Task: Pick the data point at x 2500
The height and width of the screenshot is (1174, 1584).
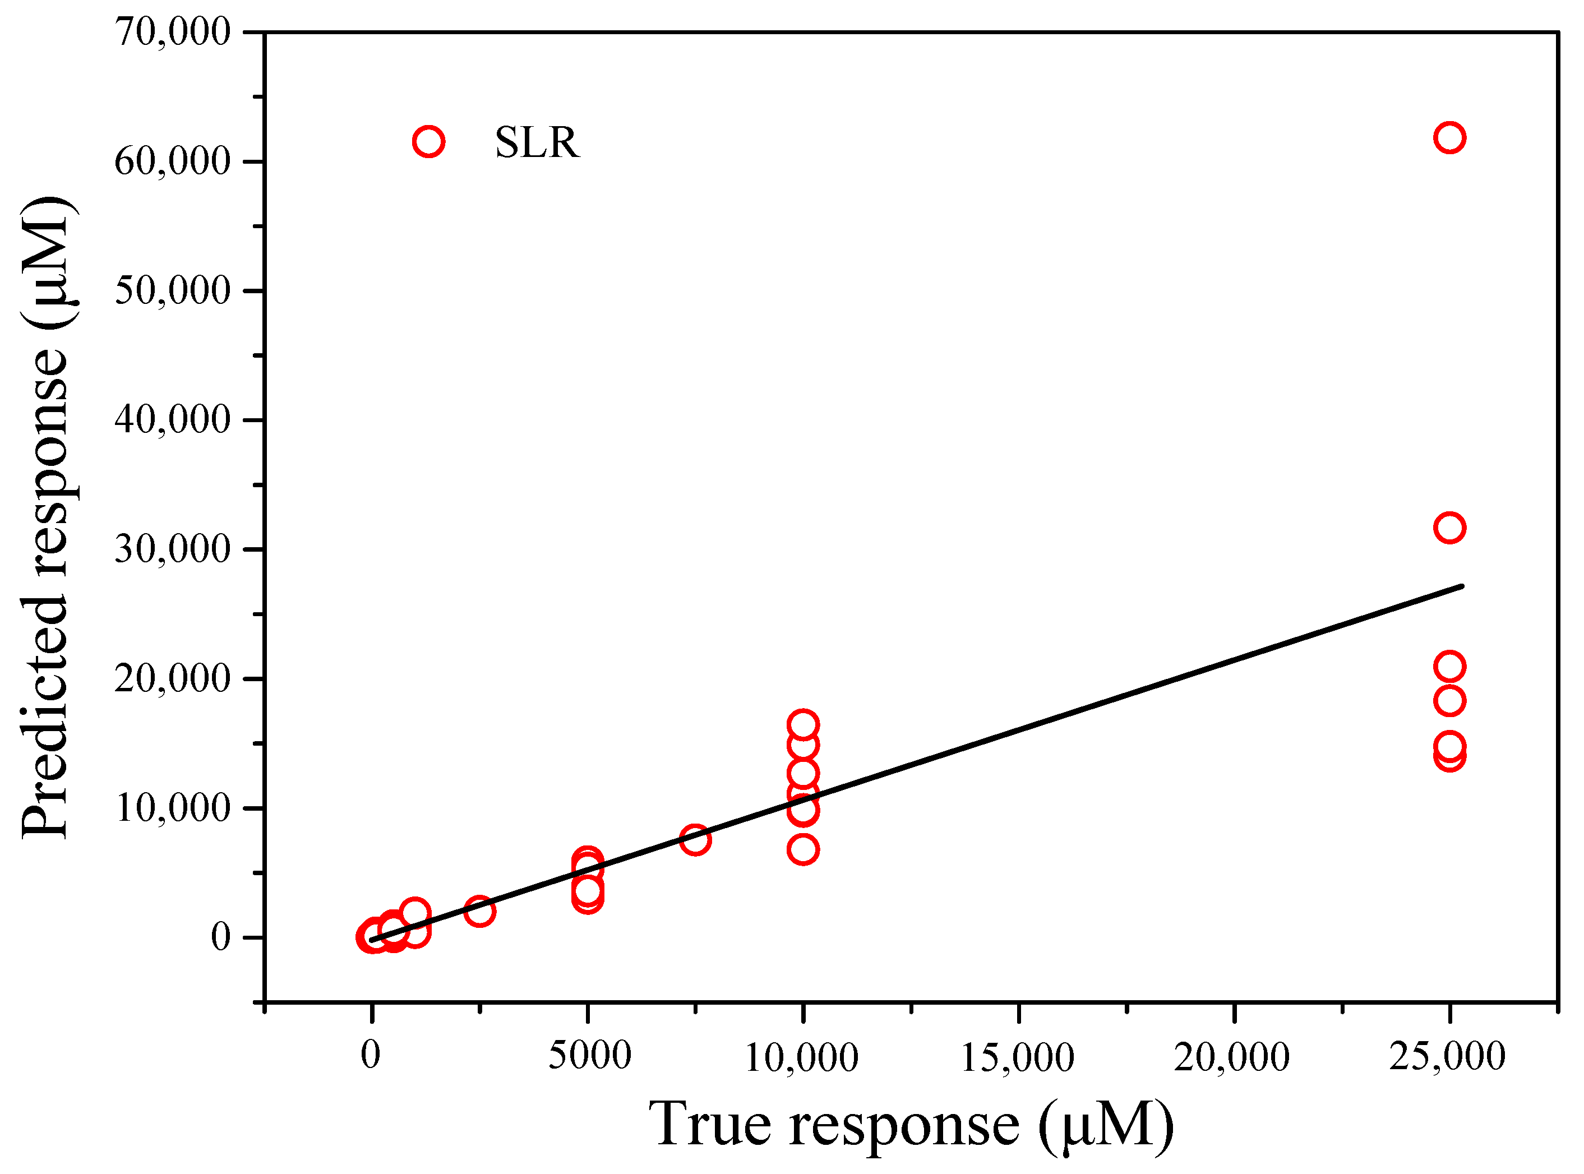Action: click(479, 910)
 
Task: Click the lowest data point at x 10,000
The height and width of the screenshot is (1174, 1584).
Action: click(803, 849)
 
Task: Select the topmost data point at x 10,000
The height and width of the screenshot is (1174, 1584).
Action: click(803, 725)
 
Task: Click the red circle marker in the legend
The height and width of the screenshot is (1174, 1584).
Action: click(428, 141)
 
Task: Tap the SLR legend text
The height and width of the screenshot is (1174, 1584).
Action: click(537, 143)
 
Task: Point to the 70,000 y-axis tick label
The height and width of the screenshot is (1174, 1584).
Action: click(173, 32)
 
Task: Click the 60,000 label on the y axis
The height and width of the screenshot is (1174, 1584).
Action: click(173, 161)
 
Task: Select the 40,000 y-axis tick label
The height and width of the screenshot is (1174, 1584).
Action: click(173, 420)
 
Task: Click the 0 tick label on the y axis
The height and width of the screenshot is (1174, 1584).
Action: click(220, 937)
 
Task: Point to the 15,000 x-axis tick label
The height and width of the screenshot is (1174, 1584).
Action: click(1017, 1057)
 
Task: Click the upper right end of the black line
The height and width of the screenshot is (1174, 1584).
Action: click(1462, 586)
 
